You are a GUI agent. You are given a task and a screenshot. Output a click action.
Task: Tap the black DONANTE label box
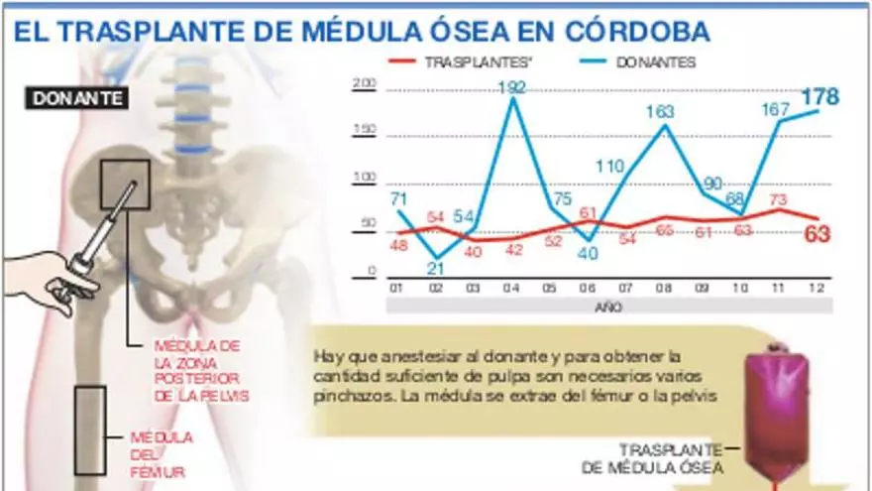tap(78, 98)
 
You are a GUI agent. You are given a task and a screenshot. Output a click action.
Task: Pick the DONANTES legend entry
tap(655, 61)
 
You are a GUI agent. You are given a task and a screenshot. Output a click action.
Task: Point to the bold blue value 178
tap(819, 96)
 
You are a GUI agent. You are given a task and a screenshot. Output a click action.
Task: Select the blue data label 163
tap(661, 113)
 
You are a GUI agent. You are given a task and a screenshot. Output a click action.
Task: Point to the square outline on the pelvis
tap(125, 184)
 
